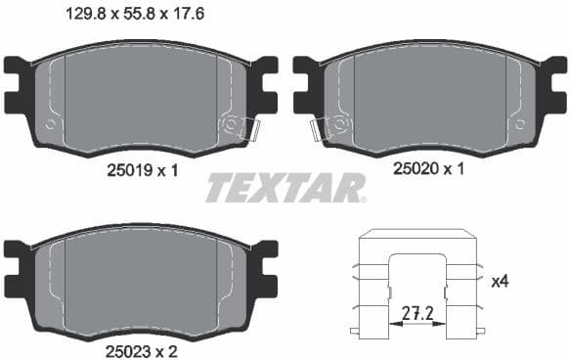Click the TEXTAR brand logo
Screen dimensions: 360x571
(x=285, y=187)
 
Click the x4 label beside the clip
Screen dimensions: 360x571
(x=500, y=282)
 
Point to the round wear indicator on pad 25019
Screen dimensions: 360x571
(x=233, y=124)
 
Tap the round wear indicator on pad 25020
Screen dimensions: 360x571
(x=338, y=124)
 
